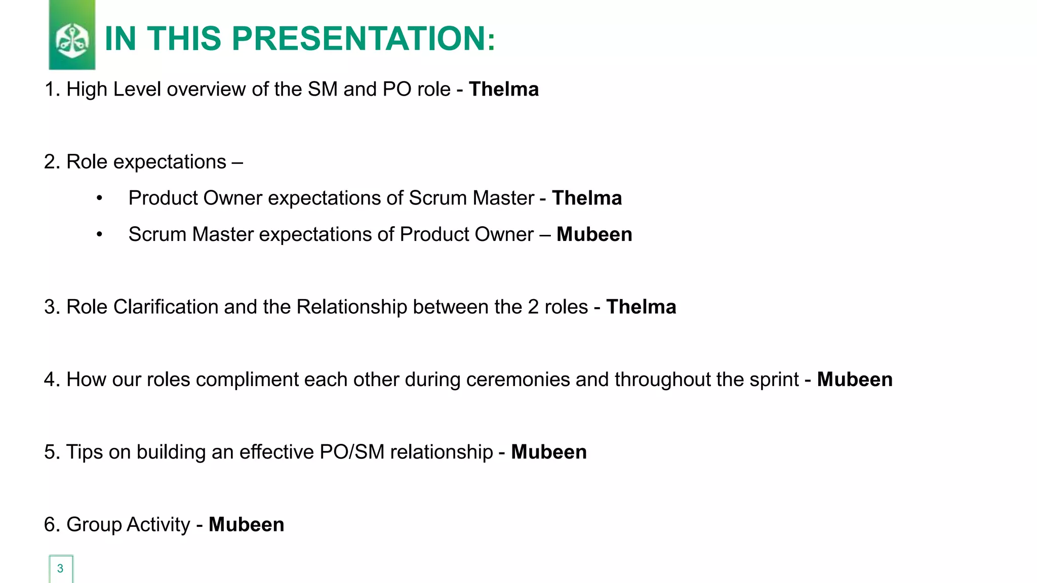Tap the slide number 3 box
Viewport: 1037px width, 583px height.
(61, 568)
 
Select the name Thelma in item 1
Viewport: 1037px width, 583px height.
(504, 89)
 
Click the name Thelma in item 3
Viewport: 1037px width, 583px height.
(641, 307)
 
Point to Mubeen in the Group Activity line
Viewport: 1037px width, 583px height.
(246, 524)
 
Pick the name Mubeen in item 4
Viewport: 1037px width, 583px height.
(855, 380)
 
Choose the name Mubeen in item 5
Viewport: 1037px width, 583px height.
(549, 452)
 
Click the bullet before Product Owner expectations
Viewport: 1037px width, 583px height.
(100, 198)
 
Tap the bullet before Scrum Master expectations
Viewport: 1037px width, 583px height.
(100, 235)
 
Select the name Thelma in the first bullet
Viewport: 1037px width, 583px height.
(587, 198)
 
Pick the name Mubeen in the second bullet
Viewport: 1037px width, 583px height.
(594, 234)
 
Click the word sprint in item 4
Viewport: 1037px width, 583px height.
(774, 380)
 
